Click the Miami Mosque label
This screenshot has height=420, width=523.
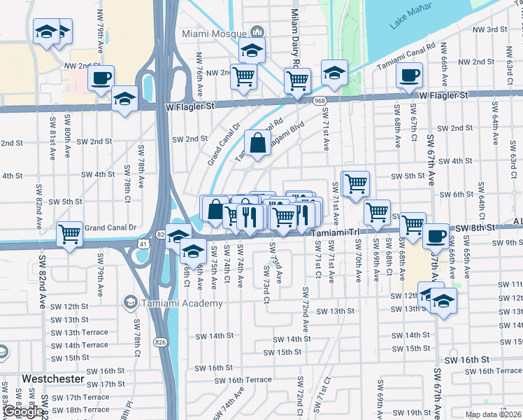[x=214, y=33]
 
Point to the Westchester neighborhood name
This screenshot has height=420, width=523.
[x=53, y=379]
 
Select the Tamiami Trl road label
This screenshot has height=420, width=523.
[x=335, y=232]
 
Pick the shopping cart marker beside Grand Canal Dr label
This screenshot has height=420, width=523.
[x=70, y=233]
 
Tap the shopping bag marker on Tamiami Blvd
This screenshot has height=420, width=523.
[x=258, y=143]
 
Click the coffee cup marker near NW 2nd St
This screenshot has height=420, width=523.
[x=101, y=77]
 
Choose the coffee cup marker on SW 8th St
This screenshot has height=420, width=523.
[x=436, y=236]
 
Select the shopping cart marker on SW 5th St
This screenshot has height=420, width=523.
[x=356, y=183]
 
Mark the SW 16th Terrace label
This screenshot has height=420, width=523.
[x=243, y=380]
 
